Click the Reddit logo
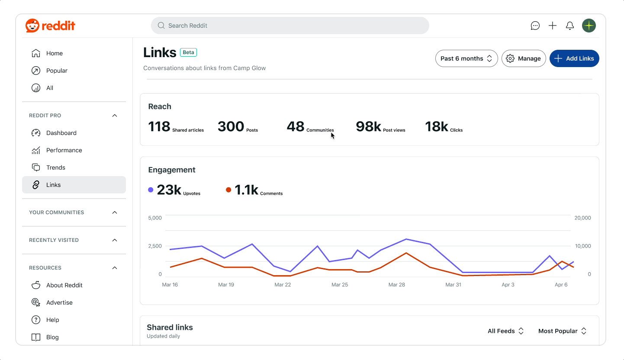(x=50, y=26)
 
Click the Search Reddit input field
(x=290, y=26)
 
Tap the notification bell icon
(x=570, y=26)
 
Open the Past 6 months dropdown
(x=466, y=58)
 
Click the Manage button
(x=524, y=58)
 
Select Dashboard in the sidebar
(x=61, y=133)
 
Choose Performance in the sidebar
(x=64, y=150)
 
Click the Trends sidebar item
(x=55, y=167)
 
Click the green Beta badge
(x=188, y=52)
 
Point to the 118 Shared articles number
(x=159, y=126)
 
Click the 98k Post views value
(x=368, y=126)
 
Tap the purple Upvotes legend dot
(x=151, y=190)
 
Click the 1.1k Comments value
(x=246, y=190)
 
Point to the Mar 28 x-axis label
(x=396, y=285)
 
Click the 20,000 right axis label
(x=582, y=218)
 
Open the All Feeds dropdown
(x=505, y=331)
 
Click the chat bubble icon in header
(x=535, y=26)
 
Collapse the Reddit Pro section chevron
(x=115, y=116)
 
